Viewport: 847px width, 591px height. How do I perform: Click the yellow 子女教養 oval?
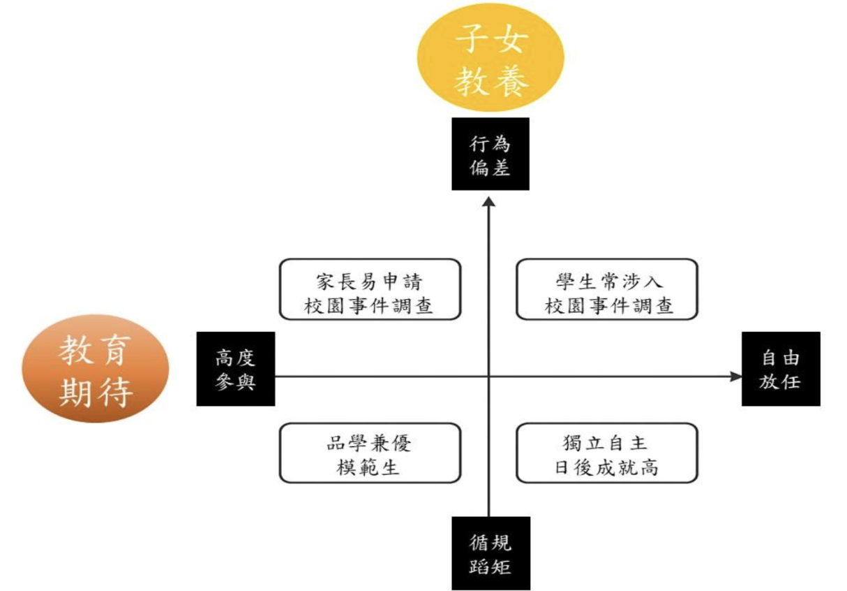pos(489,57)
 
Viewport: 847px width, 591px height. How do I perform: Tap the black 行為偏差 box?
pos(490,154)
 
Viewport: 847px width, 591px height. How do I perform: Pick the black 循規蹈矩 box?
pos(490,553)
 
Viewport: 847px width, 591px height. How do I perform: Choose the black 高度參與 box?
pos(235,369)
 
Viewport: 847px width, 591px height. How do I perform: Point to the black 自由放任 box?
pos(781,369)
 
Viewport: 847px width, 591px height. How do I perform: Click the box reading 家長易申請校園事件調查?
pos(370,290)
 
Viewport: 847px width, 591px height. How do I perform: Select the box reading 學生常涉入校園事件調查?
pos(607,290)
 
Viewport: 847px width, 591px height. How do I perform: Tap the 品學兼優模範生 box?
pos(370,453)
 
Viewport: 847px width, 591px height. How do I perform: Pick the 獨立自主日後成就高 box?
pos(606,453)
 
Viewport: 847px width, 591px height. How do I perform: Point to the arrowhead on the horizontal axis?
pos(736,377)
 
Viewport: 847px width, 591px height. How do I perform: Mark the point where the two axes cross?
pos(489,377)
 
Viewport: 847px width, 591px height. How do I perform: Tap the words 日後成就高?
pos(606,467)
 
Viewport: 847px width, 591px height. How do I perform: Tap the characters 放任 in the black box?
pos(780,381)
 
